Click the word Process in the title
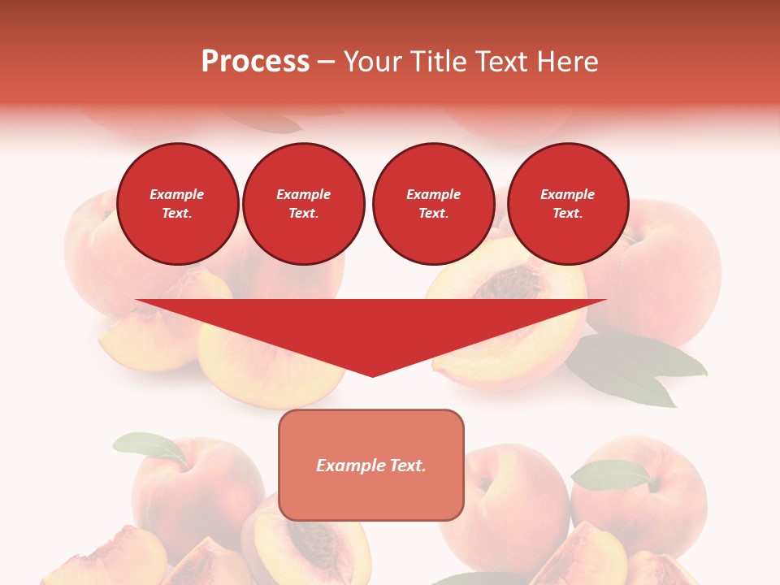click(x=255, y=62)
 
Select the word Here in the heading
click(x=567, y=62)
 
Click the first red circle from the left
click(x=178, y=204)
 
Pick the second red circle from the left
click(x=304, y=204)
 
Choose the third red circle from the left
click(x=433, y=204)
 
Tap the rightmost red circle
click(x=568, y=204)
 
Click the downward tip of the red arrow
click(x=372, y=375)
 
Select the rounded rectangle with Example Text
click(x=371, y=465)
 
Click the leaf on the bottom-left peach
click(x=150, y=446)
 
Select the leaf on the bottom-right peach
click(x=611, y=474)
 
